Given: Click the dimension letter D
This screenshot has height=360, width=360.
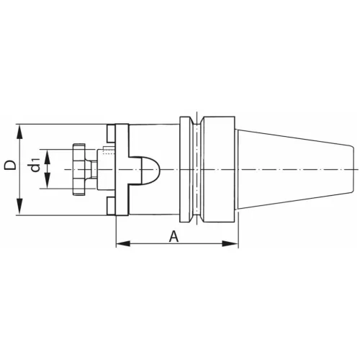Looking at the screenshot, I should (x=9, y=165).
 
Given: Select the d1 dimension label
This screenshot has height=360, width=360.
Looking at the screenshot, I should (x=35, y=168).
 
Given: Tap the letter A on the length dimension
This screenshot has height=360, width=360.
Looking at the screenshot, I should (x=173, y=235).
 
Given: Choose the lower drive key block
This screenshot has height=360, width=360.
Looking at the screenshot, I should (x=111, y=204).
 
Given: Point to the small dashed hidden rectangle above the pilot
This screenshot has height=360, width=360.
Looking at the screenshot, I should (x=107, y=151).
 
